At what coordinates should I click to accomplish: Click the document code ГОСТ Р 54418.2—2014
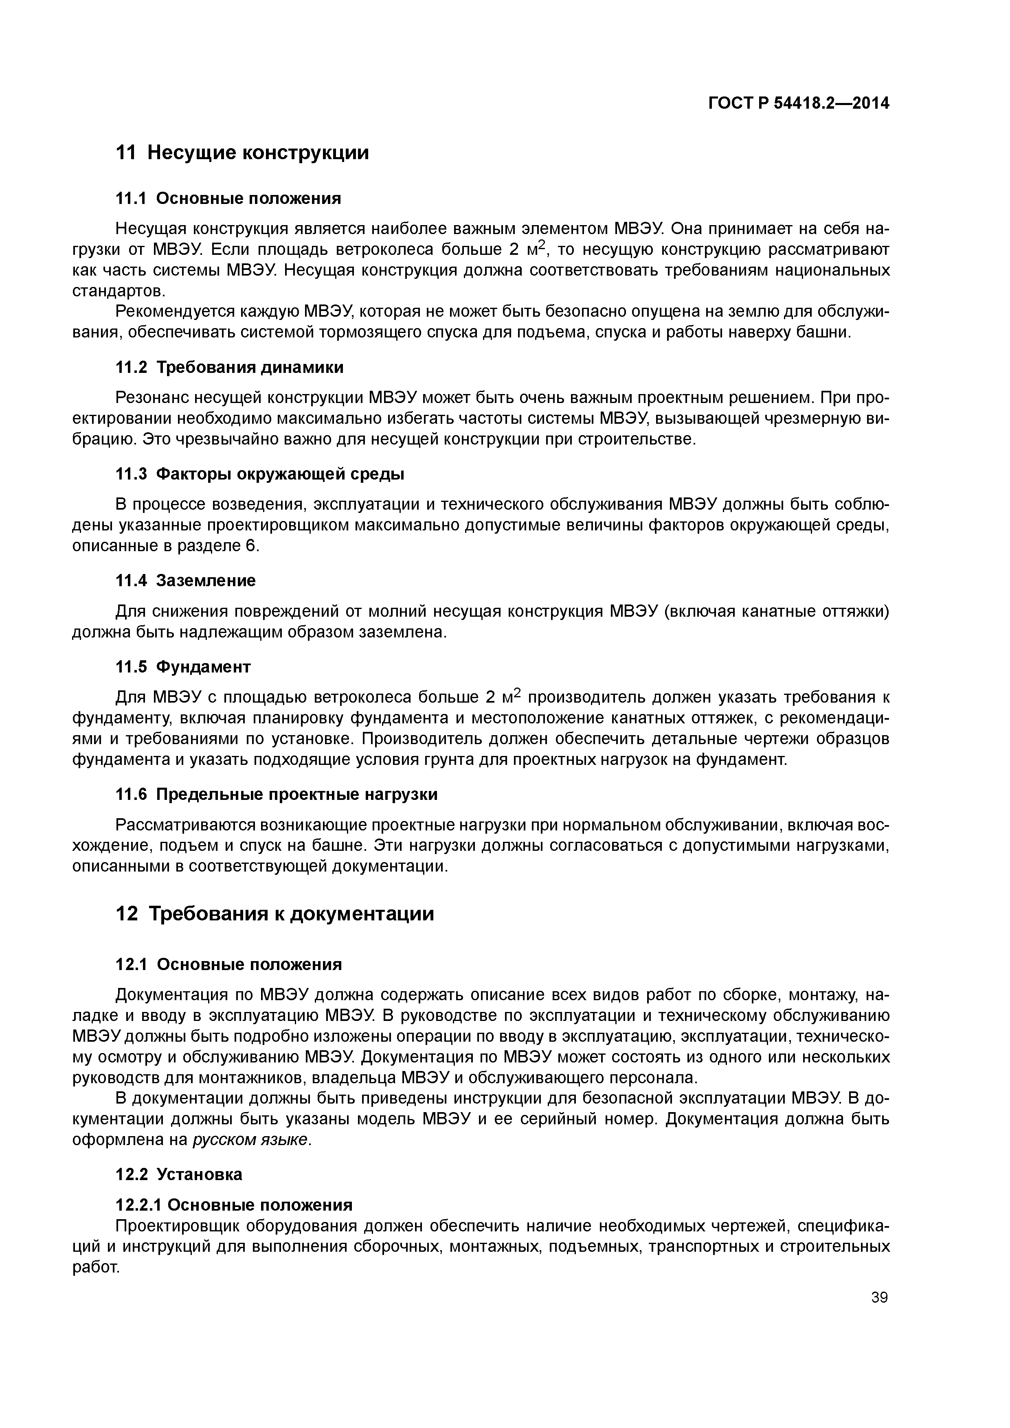tap(798, 103)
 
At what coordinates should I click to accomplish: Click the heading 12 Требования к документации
tap(274, 913)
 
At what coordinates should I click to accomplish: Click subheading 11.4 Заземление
tap(185, 580)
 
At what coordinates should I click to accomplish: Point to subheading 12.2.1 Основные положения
tap(234, 1205)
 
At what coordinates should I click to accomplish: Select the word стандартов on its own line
tap(118, 291)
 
